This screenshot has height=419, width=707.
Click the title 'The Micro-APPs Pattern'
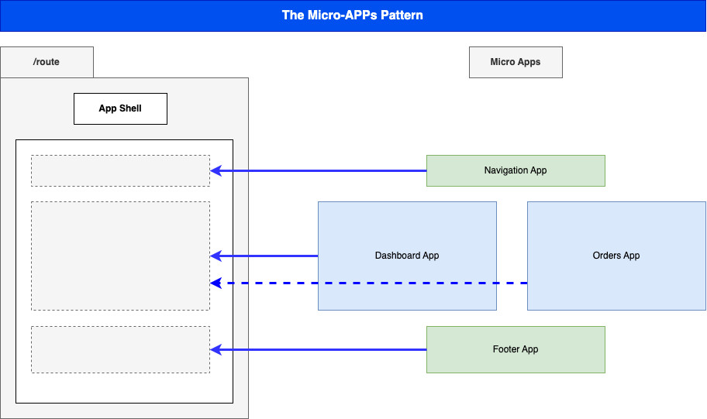click(353, 15)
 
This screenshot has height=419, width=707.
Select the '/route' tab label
click(47, 62)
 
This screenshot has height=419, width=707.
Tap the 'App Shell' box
click(120, 108)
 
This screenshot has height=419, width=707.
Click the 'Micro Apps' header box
click(516, 62)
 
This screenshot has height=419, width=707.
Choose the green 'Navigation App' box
click(516, 170)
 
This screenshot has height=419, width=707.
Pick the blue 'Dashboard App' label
click(407, 256)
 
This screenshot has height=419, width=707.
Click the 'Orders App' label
click(616, 256)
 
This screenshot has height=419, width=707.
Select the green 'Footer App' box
click(516, 349)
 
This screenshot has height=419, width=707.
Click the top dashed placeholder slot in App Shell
click(120, 170)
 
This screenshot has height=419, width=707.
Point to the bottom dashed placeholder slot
click(120, 349)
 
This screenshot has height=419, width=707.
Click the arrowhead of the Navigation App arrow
click(216, 170)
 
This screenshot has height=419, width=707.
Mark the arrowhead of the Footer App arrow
click(216, 350)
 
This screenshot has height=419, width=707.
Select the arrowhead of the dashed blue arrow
click(216, 283)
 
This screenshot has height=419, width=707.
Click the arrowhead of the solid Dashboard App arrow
click(216, 256)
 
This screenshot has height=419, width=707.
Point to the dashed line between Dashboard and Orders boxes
click(512, 283)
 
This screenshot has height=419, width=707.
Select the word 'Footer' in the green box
click(506, 349)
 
